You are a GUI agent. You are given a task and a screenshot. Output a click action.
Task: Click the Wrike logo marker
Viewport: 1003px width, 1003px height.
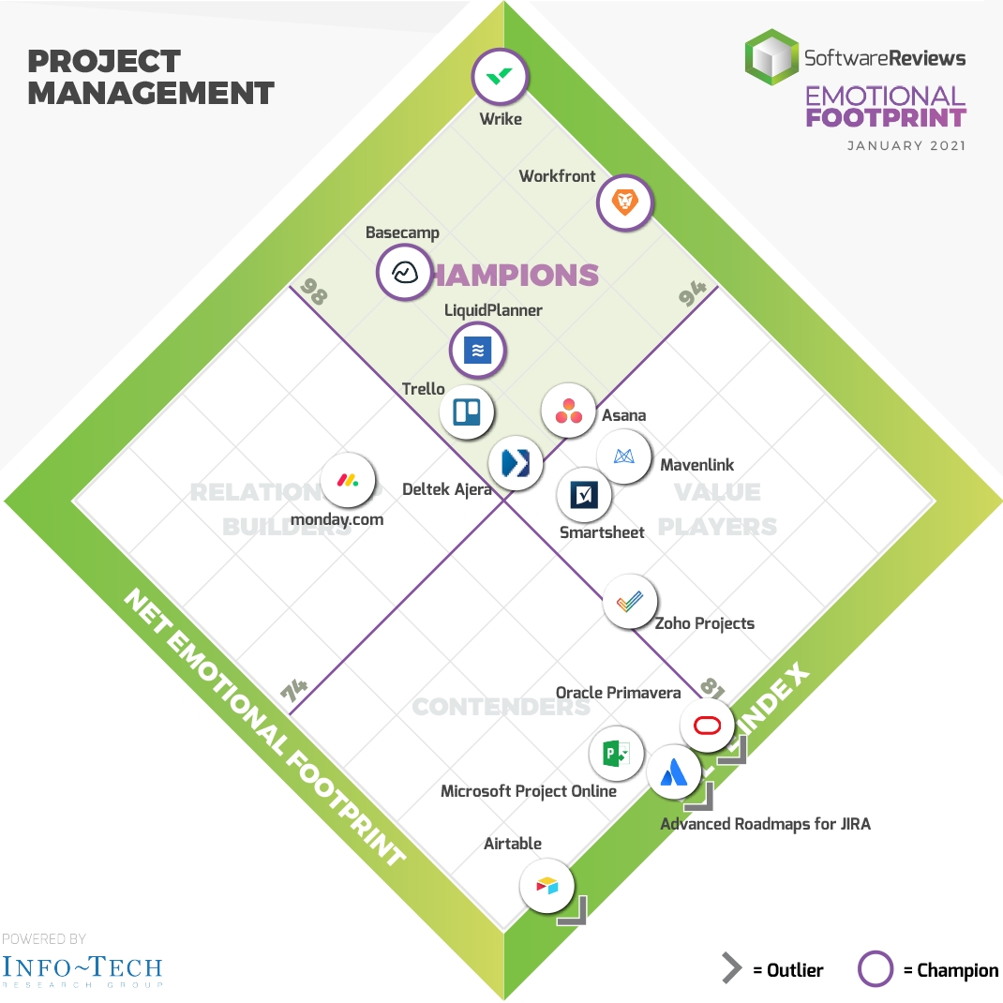501,76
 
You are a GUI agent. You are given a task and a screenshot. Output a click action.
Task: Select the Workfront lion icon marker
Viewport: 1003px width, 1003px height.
624,201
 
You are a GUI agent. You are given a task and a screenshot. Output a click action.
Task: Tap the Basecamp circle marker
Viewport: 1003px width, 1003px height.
404,272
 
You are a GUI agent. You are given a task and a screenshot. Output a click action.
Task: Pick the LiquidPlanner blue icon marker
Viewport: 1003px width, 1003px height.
477,350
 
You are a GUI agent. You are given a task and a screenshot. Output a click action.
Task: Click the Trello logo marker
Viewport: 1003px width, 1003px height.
467,412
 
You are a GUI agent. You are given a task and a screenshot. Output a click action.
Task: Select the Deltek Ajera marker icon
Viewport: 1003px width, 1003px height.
516,462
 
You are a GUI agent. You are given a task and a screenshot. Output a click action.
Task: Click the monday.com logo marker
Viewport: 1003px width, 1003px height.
348,480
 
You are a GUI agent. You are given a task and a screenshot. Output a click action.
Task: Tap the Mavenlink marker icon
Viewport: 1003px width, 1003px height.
624,457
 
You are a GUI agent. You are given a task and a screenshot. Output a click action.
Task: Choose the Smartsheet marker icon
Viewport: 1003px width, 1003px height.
584,494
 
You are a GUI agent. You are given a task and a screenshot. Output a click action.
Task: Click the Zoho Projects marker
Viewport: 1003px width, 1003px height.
630,601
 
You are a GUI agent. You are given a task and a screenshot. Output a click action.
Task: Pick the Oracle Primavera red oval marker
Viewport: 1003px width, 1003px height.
707,726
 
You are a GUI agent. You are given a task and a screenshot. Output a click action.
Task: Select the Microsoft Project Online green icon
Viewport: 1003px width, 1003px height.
616,753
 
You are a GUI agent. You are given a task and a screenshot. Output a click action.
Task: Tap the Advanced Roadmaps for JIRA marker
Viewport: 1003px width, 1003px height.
674,771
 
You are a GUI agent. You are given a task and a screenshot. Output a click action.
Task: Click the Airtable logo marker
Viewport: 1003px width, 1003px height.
546,885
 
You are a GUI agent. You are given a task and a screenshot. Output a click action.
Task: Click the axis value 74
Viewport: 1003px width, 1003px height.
294,692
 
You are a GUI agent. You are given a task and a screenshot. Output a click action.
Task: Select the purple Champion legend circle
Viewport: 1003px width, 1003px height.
876,970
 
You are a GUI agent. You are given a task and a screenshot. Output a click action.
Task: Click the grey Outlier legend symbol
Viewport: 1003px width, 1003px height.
731,969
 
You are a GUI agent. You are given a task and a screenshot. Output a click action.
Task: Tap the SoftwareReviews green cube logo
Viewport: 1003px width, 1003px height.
771,57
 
